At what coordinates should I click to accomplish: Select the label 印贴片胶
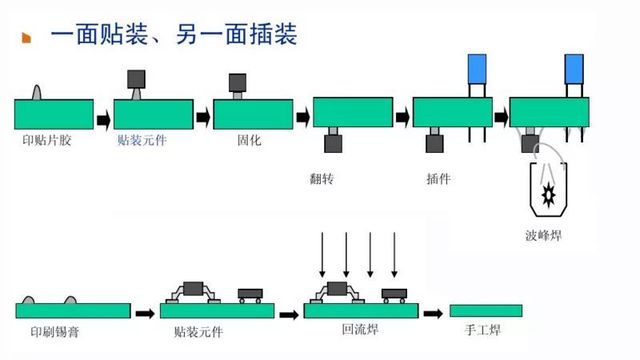(x=46, y=140)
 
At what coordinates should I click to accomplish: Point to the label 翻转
(x=323, y=180)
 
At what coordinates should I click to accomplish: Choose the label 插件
(x=437, y=180)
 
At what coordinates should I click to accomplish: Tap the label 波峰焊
(x=543, y=237)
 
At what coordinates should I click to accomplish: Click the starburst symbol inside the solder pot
(x=549, y=191)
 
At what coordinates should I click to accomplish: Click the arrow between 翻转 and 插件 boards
(x=401, y=116)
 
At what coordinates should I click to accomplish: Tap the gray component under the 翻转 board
(x=333, y=143)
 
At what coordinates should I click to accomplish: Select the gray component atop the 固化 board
(x=238, y=81)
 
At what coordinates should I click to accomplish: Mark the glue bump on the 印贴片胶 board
(x=38, y=92)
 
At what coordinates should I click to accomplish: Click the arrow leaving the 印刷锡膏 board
(x=145, y=313)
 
